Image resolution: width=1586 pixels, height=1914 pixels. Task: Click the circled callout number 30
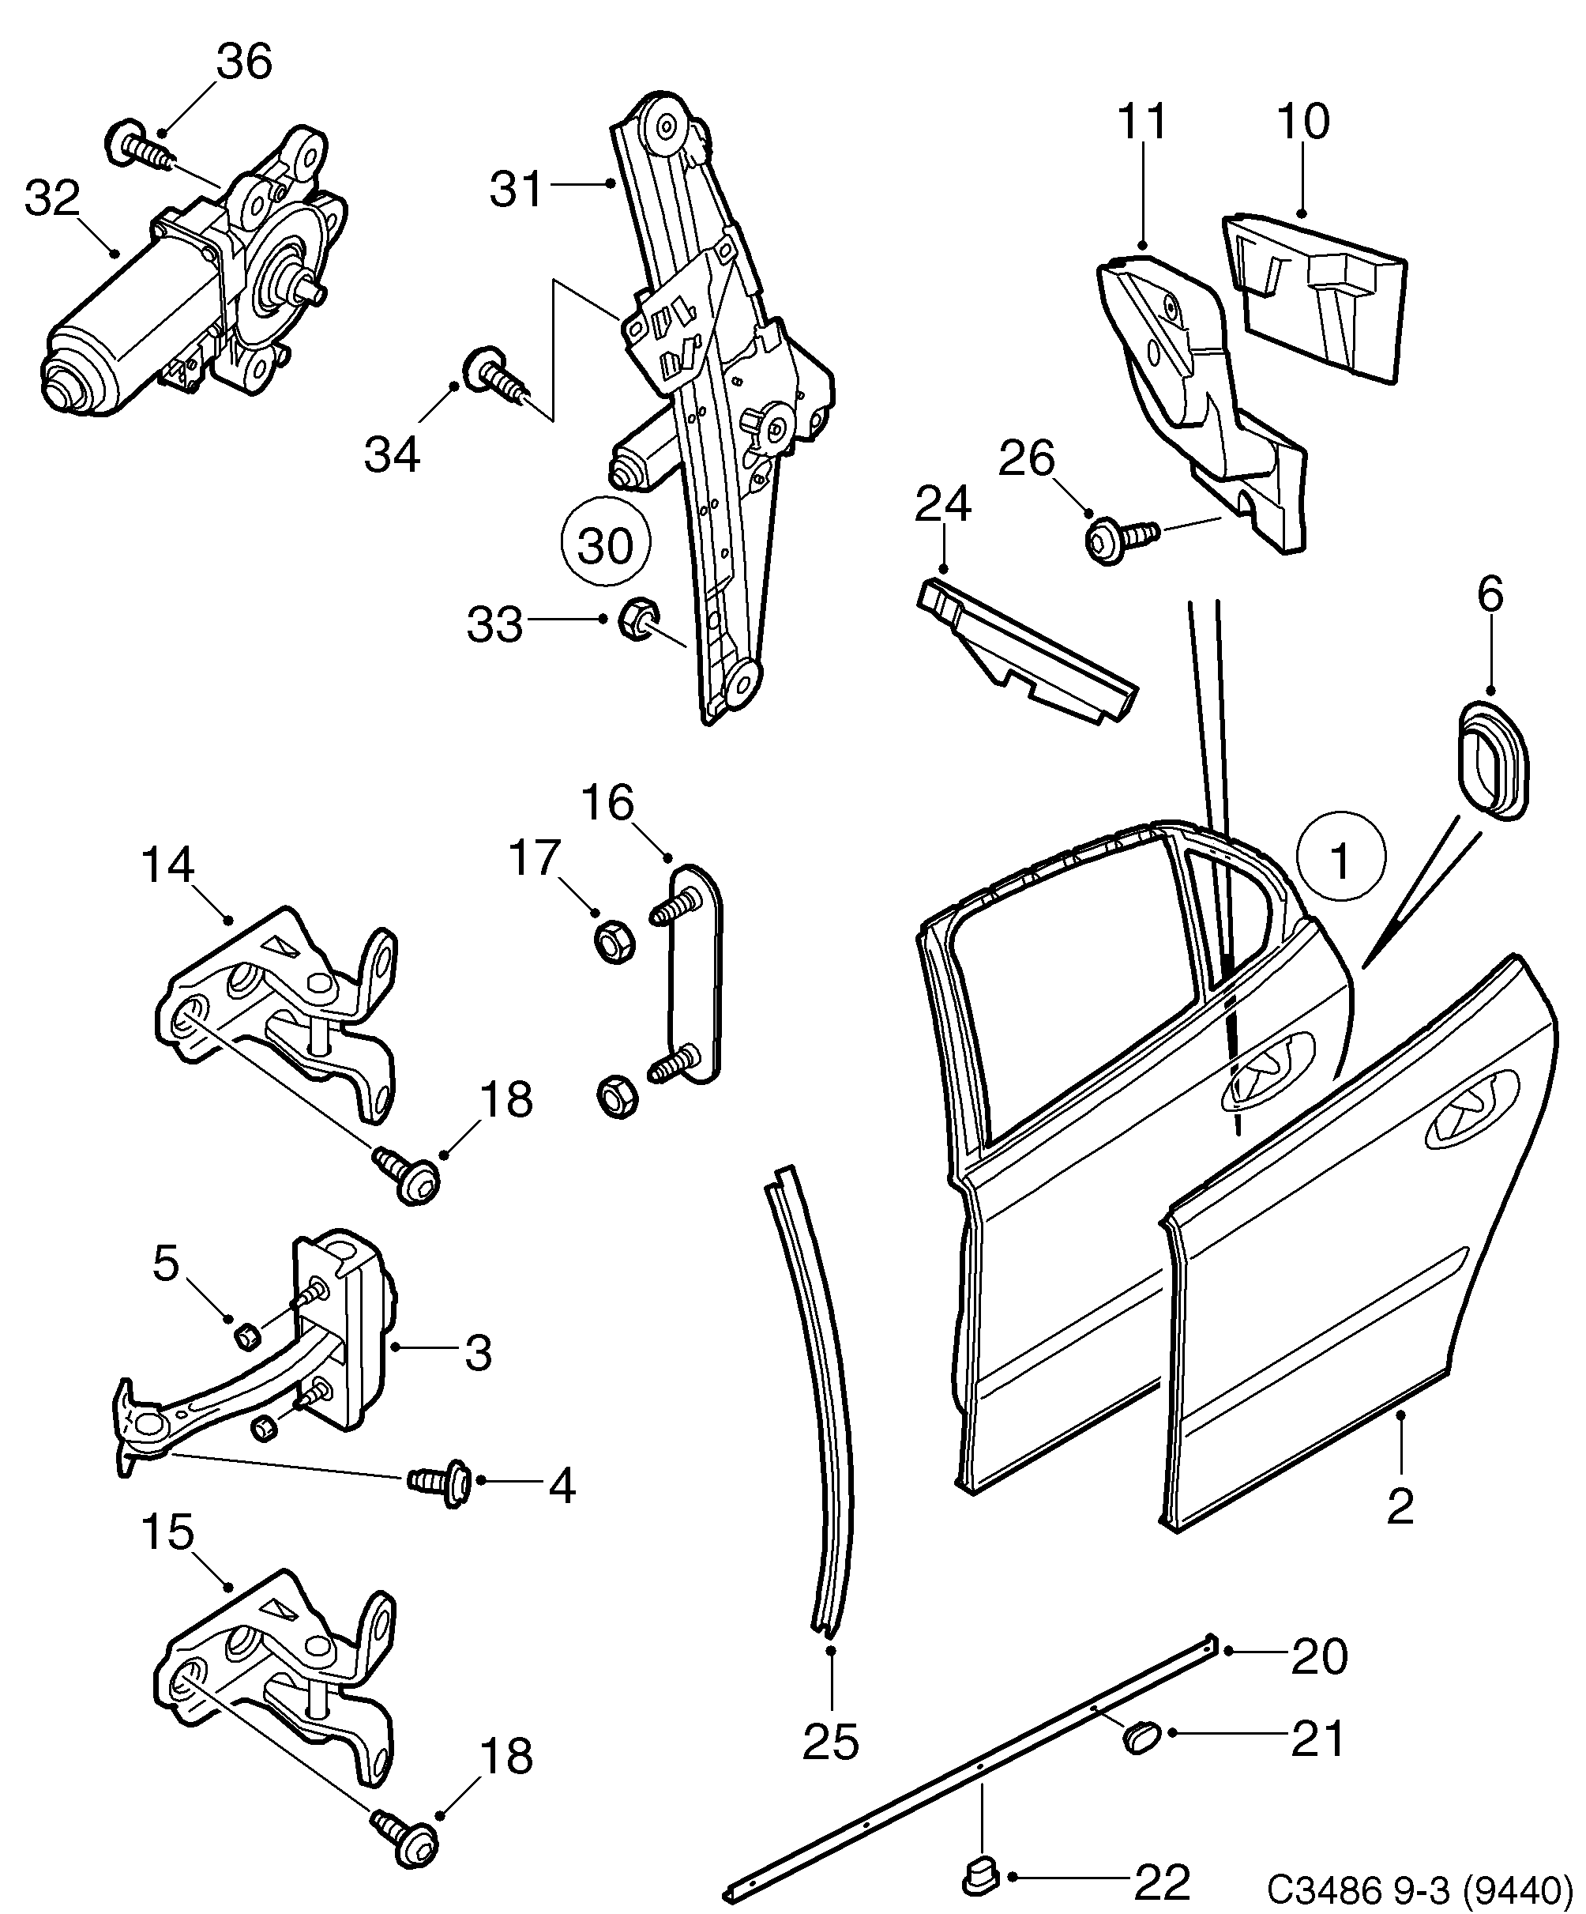pos(605,546)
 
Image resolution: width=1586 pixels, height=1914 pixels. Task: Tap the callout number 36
pos(244,62)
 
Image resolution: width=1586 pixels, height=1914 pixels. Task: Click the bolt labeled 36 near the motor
pos(142,146)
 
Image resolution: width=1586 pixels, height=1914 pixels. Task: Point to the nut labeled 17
pos(613,941)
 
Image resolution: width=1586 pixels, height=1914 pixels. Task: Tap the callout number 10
pos(1303,120)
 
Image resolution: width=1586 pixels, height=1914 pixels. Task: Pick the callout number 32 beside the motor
pos(53,198)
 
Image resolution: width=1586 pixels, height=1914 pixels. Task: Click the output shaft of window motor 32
pos(308,292)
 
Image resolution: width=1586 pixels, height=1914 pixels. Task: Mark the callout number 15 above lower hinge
pos(168,1532)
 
